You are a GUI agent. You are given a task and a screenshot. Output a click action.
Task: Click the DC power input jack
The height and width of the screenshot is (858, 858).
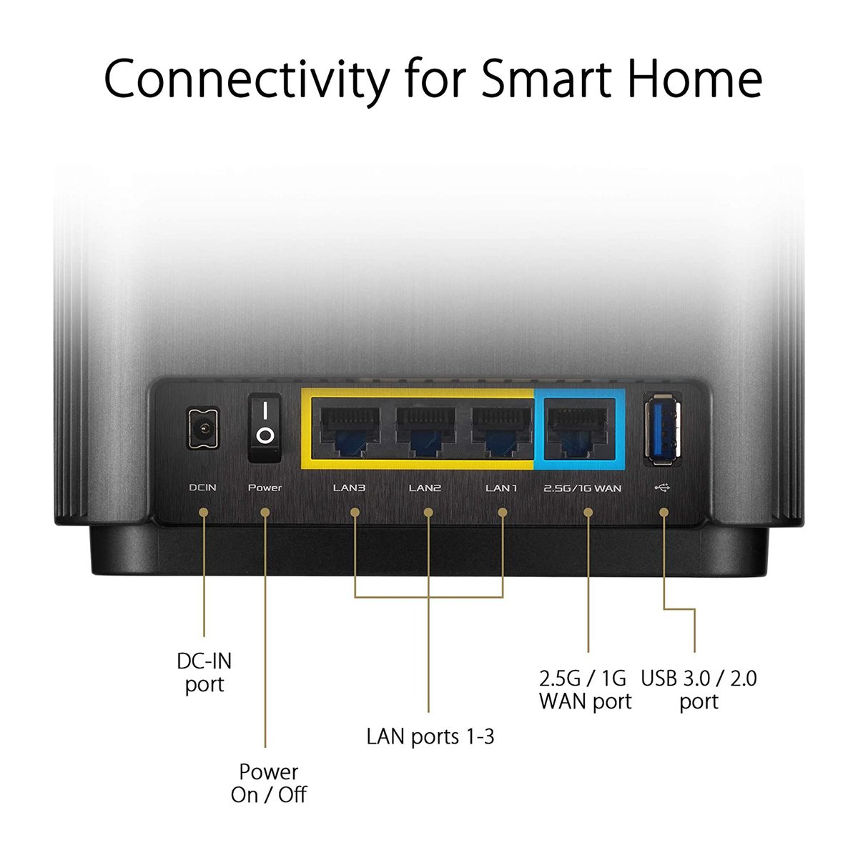204,429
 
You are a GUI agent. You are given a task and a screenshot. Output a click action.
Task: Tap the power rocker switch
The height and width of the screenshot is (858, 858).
265,428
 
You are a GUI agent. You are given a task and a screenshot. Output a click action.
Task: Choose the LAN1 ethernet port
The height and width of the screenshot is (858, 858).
501,430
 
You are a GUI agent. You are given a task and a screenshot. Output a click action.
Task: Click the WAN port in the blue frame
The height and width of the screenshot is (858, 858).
579,430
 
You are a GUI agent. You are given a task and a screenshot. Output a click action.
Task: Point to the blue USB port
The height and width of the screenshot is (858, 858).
663,429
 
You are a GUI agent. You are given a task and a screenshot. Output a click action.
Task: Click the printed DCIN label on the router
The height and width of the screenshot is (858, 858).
202,488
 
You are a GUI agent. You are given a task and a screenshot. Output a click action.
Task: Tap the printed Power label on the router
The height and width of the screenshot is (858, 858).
265,488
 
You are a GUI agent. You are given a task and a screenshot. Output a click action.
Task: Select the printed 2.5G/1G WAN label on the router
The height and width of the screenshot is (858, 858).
583,488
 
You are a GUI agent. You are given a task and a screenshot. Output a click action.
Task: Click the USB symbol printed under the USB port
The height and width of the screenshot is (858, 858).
662,488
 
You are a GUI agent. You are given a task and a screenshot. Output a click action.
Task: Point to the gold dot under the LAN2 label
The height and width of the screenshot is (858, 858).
428,513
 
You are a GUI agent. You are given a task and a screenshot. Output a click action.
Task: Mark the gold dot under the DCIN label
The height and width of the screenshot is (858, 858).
204,513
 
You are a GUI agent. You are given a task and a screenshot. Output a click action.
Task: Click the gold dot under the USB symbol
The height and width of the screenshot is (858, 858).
664,513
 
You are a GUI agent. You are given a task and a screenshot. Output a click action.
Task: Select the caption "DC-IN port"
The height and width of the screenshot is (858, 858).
204,672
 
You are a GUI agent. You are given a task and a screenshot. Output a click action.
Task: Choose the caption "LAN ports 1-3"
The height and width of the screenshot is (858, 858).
430,736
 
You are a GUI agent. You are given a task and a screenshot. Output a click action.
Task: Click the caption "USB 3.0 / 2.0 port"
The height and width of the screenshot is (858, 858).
699,690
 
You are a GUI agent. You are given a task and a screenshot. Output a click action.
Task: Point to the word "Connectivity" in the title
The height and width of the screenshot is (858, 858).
246,82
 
